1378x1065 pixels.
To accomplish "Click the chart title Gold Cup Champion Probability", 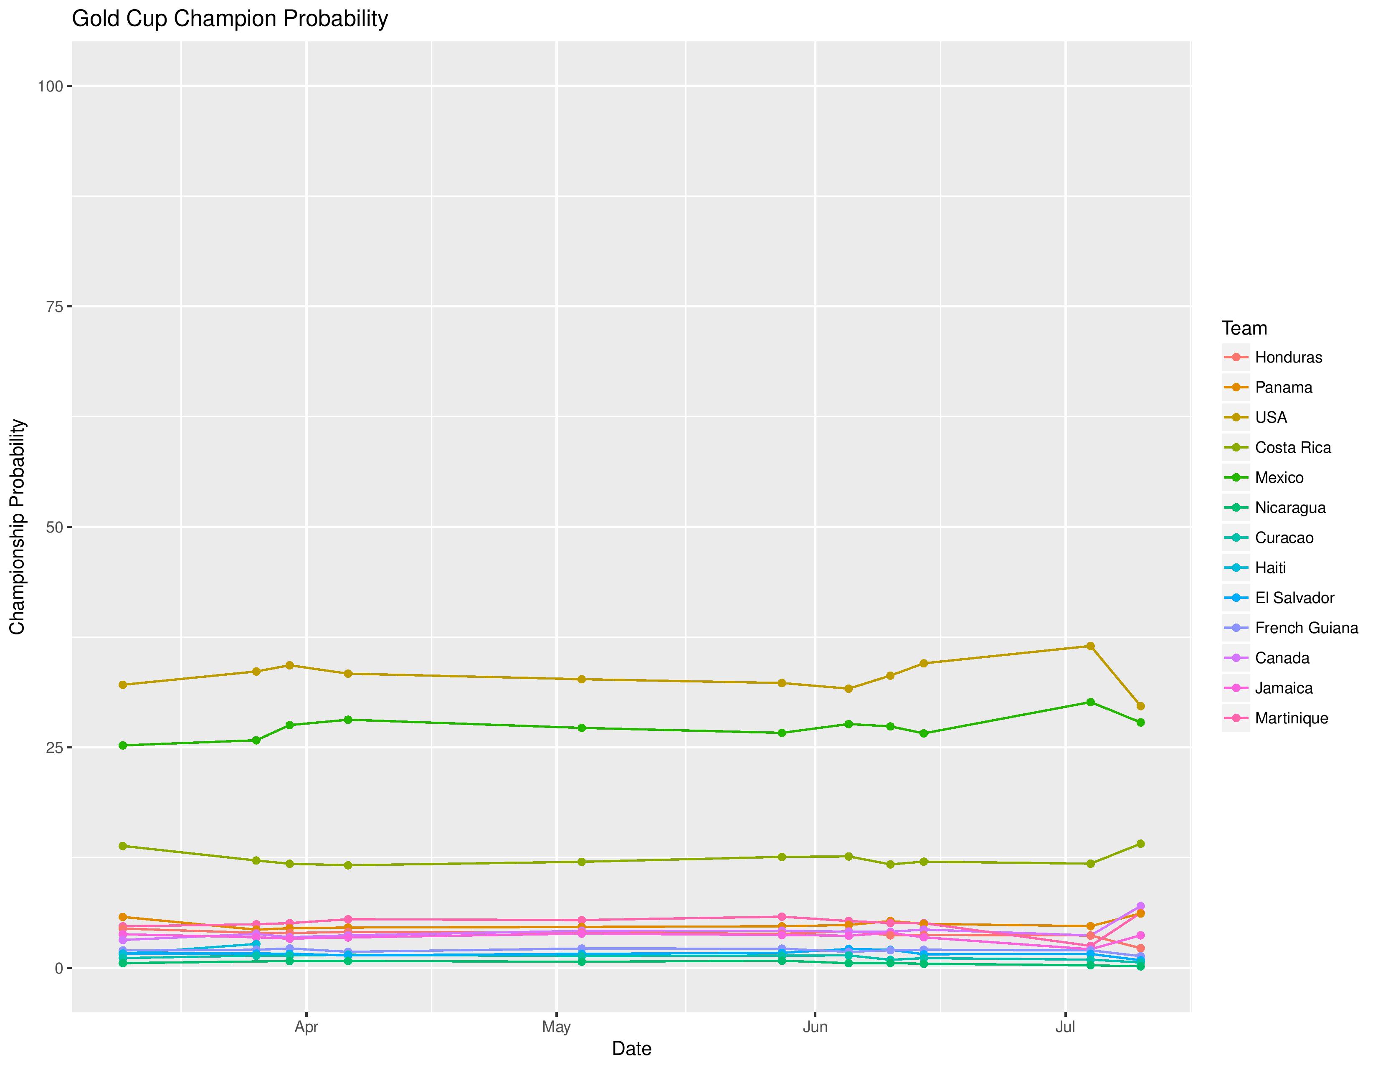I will (x=230, y=19).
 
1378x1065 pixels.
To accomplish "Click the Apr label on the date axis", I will (x=306, y=1027).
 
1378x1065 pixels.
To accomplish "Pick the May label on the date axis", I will (x=556, y=1027).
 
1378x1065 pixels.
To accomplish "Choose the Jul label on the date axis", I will (x=1065, y=1027).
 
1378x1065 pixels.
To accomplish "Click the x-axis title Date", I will (x=631, y=1049).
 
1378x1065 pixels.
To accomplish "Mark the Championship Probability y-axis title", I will (x=18, y=527).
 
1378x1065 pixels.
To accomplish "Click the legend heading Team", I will (x=1244, y=328).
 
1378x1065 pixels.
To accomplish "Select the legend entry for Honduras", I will (x=1288, y=357).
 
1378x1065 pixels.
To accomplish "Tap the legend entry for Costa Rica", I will (x=1293, y=447).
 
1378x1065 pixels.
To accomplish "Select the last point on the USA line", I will (x=1140, y=706).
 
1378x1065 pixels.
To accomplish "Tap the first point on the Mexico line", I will (x=123, y=745).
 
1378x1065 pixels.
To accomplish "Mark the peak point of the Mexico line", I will (x=1090, y=702).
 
